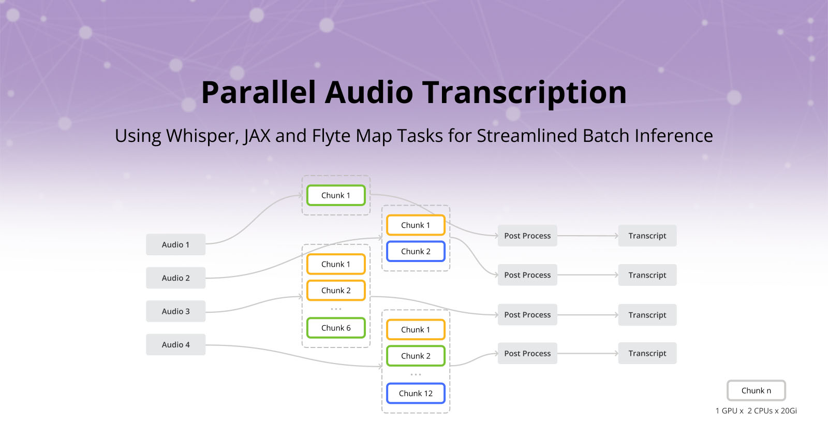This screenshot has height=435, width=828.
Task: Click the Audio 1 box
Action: pos(175,244)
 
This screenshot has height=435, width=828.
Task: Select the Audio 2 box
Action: pos(175,278)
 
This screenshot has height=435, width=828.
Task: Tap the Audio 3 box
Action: pos(175,311)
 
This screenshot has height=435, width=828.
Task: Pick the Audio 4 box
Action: pos(175,344)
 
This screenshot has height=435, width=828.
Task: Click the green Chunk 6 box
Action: pos(336,328)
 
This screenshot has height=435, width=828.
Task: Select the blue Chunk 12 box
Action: pos(416,394)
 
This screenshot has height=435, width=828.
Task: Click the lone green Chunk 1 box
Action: pos(336,195)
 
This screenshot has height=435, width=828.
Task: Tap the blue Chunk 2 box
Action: pos(416,252)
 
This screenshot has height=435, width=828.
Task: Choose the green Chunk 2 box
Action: pos(416,356)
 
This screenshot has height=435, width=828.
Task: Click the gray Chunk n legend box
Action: pos(756,390)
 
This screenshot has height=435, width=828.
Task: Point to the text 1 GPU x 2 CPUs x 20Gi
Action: pos(756,411)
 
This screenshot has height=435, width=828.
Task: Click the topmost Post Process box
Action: pos(527,236)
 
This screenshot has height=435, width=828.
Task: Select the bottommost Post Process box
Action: pos(527,353)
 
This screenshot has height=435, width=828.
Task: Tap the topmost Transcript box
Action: pos(647,236)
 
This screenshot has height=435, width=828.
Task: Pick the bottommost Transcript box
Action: pos(647,353)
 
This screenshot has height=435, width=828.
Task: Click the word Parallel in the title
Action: pos(258,93)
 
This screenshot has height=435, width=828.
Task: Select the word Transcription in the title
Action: pos(525,93)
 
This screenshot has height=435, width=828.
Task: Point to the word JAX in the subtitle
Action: pos(257,136)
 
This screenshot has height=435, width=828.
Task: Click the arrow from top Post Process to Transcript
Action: pos(587,236)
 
